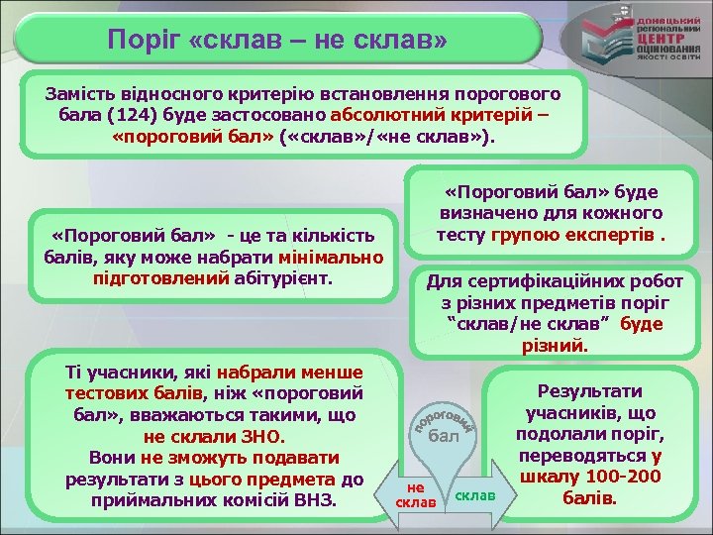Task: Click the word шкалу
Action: click(551, 477)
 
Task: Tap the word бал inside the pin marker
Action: click(446, 436)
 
